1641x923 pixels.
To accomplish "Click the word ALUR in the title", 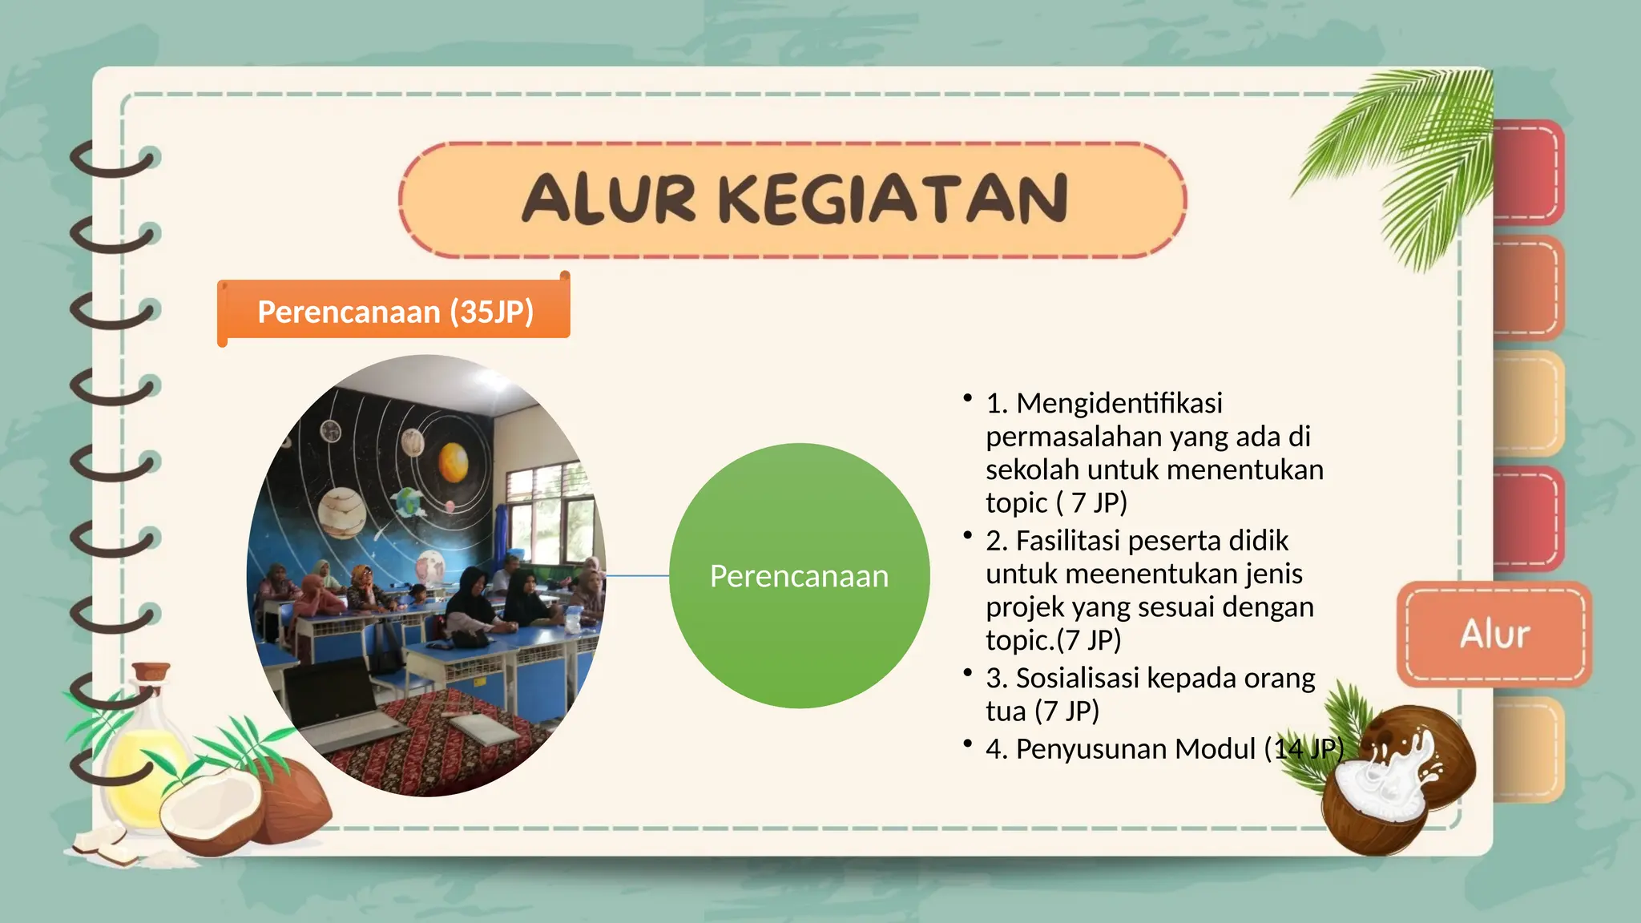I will [x=609, y=199].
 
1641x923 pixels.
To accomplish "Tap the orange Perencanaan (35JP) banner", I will [x=395, y=311].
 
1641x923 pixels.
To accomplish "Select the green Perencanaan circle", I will [x=799, y=576].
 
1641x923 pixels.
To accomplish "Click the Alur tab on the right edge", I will [x=1494, y=634].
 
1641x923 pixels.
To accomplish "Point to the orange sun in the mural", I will [x=454, y=462].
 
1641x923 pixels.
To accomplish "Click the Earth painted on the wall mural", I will [x=409, y=502].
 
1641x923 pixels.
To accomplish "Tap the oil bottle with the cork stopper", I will [x=146, y=745].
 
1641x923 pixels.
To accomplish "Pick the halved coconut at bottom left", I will [x=212, y=809].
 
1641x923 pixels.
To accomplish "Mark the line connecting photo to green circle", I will [x=637, y=575].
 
